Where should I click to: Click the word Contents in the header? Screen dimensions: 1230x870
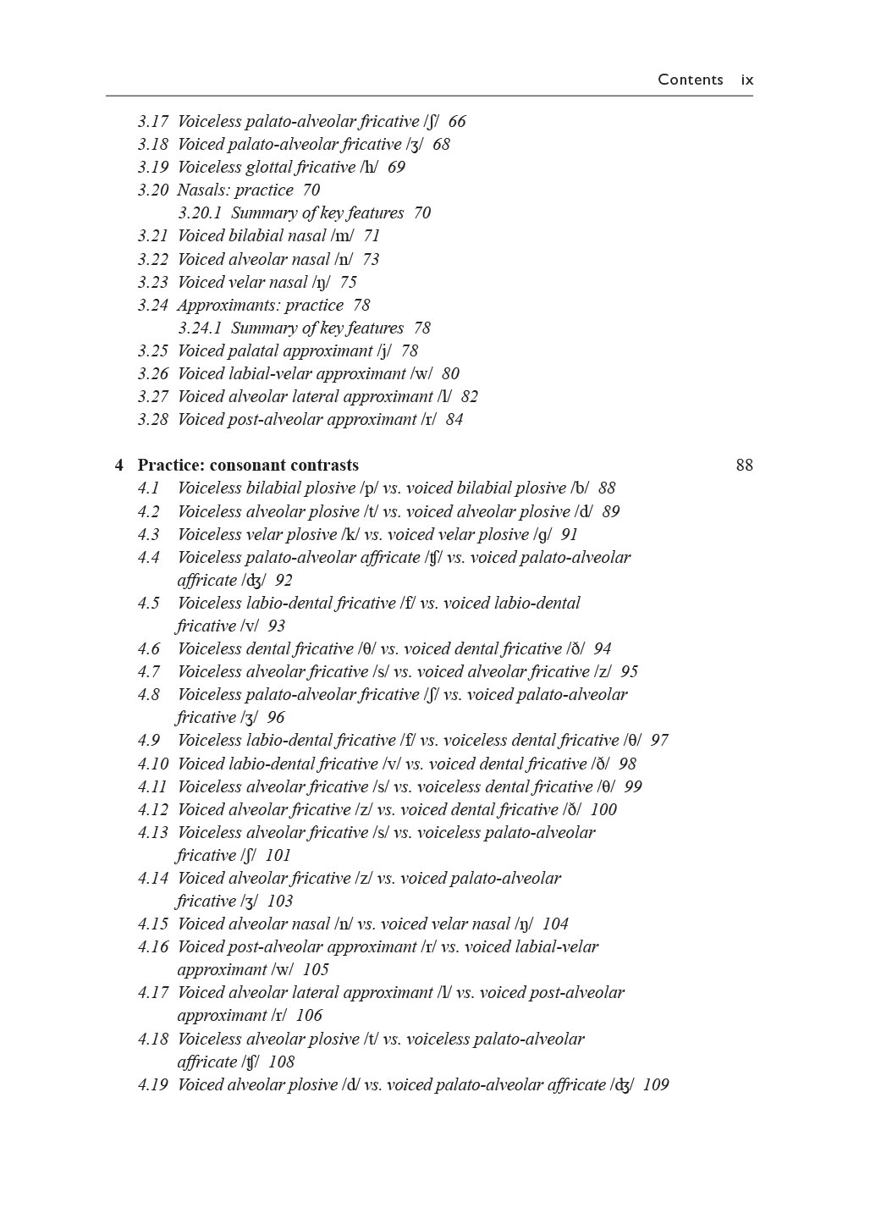pyautogui.click(x=690, y=80)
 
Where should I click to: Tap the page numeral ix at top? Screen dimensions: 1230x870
pyautogui.click(x=746, y=80)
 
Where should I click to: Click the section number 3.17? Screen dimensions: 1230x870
pyautogui.click(x=152, y=122)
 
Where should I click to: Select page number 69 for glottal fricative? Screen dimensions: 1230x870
pyautogui.click(x=396, y=168)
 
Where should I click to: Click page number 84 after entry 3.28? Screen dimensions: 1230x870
pyautogui.click(x=454, y=420)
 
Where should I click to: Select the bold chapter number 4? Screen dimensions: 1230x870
pyautogui.click(x=119, y=466)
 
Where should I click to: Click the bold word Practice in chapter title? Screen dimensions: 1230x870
pyautogui.click(x=170, y=466)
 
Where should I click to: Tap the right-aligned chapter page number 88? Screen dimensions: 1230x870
pyautogui.click(x=744, y=466)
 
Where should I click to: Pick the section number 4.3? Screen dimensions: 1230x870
pyautogui.click(x=148, y=535)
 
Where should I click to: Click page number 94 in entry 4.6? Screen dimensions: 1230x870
pyautogui.click(x=602, y=649)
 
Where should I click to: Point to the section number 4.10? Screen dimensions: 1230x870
pyautogui.click(x=152, y=764)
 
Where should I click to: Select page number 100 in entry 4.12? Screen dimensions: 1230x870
pyautogui.click(x=603, y=810)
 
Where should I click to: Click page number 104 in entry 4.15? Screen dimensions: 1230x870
pyautogui.click(x=555, y=924)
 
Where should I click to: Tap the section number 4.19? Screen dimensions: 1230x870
pyautogui.click(x=152, y=1085)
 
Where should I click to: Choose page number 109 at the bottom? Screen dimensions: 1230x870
pyautogui.click(x=656, y=1085)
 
